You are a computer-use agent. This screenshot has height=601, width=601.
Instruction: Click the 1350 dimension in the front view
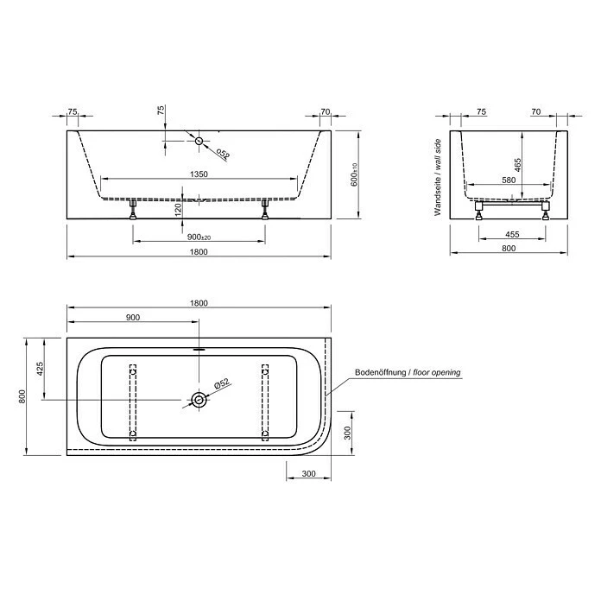coord(199,174)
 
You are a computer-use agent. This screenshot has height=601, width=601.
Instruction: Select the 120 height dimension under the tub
coord(178,208)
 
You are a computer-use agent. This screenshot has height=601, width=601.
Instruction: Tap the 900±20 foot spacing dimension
coord(199,237)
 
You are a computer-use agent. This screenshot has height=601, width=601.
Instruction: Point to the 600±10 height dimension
coord(354,176)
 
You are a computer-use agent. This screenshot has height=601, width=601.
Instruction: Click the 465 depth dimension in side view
coord(517,164)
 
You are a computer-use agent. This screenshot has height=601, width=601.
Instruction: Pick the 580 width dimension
coord(510,181)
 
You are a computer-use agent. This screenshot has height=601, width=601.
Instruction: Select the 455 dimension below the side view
coord(510,234)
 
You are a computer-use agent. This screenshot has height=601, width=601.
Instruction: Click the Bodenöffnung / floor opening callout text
coord(408,373)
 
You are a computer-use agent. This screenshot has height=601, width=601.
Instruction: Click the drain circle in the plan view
coord(199,400)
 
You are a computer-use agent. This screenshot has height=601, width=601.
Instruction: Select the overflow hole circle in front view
coord(199,140)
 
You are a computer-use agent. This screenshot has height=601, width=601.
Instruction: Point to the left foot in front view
coord(133,210)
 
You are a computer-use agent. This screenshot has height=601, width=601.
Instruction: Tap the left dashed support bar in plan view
coord(133,402)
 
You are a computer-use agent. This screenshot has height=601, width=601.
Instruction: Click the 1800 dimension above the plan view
coord(199,302)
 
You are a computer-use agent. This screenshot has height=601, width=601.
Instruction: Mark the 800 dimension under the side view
coord(509,249)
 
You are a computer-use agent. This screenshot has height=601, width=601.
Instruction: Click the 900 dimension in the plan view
coord(133,317)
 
